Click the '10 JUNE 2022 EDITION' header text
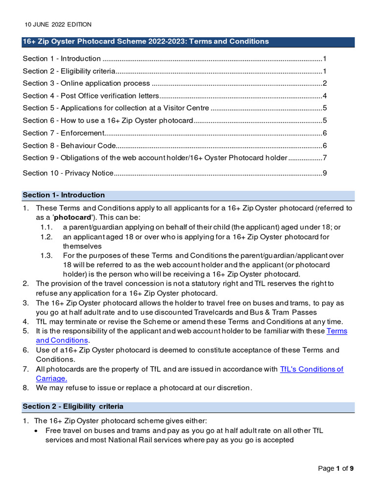pyautogui.click(x=58, y=24)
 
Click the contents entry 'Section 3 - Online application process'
pyautogui.click(x=86, y=83)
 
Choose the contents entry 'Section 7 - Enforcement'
pyautogui.click(x=64, y=133)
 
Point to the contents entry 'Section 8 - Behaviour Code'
pyautogui.click(x=69, y=145)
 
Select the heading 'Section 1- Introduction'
pyautogui.click(x=64, y=195)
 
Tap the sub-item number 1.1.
pyautogui.click(x=46, y=227)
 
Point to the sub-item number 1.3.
pyautogui.click(x=46, y=255)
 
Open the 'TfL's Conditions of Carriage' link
pyautogui.click(x=311, y=369)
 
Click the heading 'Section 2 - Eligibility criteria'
pyautogui.click(x=73, y=407)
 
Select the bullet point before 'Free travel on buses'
pyautogui.click(x=38, y=431)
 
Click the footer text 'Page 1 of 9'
pyautogui.click(x=335, y=468)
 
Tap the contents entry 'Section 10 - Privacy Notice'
pyautogui.click(x=68, y=173)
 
